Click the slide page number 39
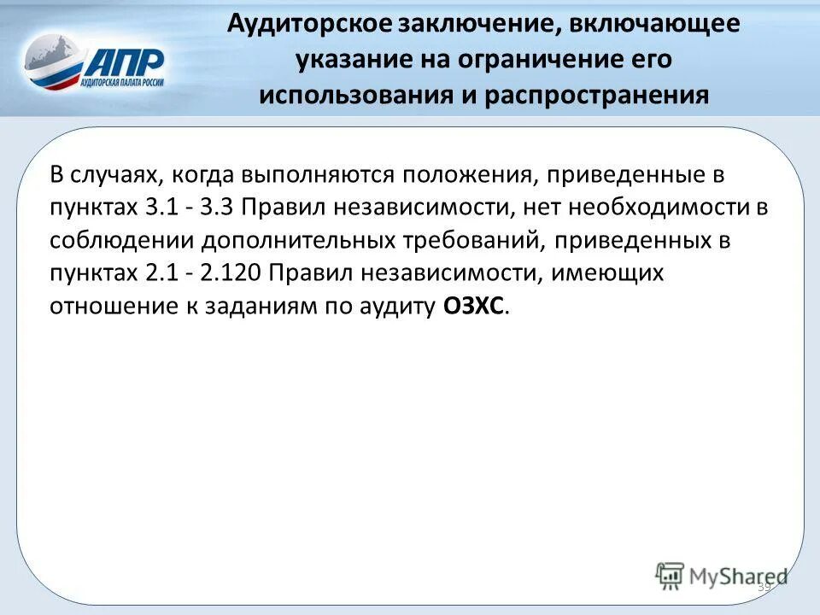click(764, 587)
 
